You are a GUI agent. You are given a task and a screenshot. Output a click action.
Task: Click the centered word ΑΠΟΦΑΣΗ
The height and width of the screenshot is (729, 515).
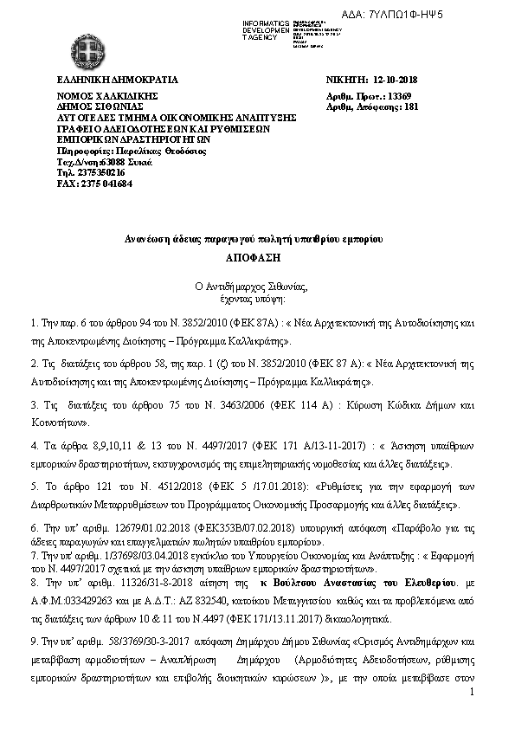click(256, 258)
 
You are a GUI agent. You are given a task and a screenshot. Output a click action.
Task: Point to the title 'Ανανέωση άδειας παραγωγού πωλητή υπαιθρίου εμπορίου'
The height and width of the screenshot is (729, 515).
click(257, 237)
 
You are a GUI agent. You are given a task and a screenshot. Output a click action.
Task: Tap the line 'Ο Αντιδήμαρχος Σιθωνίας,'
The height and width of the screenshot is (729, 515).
click(257, 285)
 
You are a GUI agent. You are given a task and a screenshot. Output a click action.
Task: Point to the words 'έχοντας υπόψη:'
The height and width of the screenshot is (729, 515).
click(257, 296)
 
